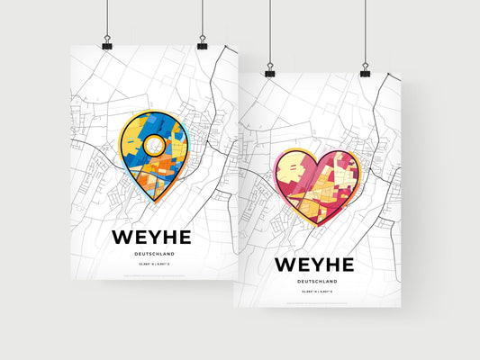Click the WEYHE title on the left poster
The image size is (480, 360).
(x=151, y=237)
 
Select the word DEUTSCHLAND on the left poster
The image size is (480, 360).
(x=151, y=255)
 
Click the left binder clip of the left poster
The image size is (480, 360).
(x=107, y=44)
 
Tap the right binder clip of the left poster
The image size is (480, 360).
(x=202, y=44)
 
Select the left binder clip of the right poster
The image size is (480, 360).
(x=269, y=70)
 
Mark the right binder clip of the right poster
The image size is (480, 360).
(x=365, y=70)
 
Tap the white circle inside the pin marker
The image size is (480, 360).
(x=154, y=144)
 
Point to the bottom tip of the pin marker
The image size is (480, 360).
(x=154, y=198)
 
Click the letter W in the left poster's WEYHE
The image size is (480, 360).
(x=122, y=237)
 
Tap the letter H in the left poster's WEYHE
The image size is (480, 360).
(x=168, y=237)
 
